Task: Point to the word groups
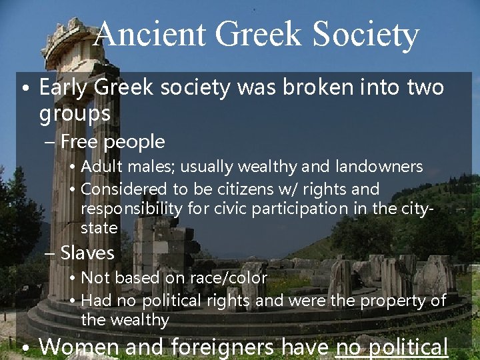pyautogui.click(x=75, y=113)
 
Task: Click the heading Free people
pyautogui.click(x=112, y=141)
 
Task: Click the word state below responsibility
pyautogui.click(x=99, y=228)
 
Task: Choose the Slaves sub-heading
pyautogui.click(x=87, y=253)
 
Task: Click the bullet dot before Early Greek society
pyautogui.click(x=25, y=89)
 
